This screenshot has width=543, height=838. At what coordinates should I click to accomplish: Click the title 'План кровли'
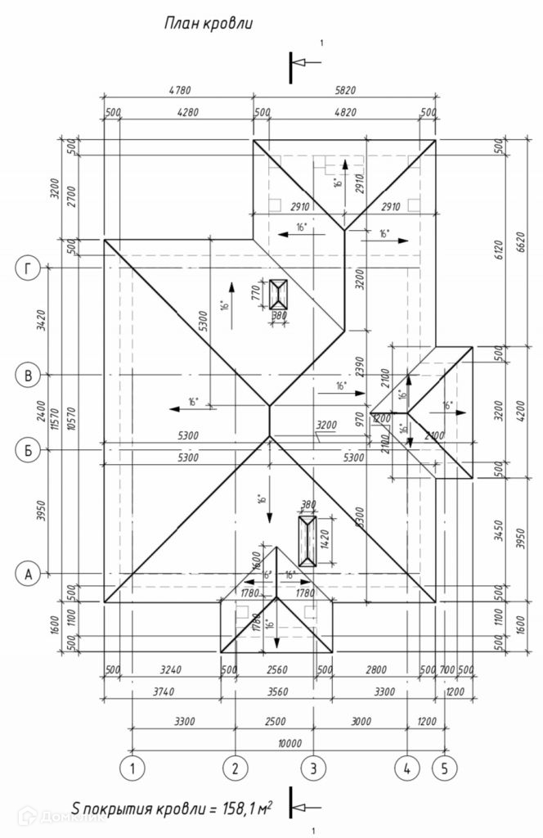click(208, 24)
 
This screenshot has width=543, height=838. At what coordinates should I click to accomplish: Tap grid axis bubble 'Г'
click(29, 268)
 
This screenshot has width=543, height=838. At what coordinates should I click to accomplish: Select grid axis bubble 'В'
click(29, 375)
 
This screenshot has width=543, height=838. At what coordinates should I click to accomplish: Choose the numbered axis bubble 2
click(235, 768)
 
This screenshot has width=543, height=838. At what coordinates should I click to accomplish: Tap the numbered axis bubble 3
click(312, 768)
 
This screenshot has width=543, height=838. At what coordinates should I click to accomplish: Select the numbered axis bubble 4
click(406, 768)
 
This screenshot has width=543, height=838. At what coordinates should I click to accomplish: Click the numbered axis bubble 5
click(444, 768)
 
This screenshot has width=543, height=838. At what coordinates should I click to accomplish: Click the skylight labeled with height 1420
click(307, 540)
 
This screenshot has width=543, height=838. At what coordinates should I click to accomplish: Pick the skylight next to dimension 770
click(279, 294)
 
